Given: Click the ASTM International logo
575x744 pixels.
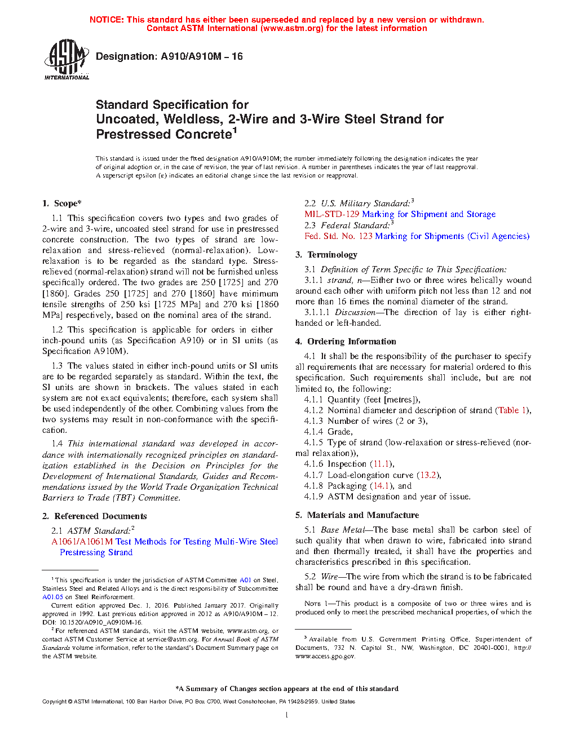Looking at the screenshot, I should click(x=67, y=59).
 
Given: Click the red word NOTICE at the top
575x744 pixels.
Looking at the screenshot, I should click(x=107, y=20).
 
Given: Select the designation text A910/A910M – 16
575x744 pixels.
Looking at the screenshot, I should click(x=202, y=56).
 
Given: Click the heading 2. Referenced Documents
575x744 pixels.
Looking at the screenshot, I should click(x=95, y=516).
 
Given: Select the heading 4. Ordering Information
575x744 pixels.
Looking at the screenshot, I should click(x=346, y=342).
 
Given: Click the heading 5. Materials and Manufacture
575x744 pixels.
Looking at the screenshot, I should click(x=357, y=515).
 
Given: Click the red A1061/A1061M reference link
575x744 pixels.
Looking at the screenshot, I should click(x=82, y=542).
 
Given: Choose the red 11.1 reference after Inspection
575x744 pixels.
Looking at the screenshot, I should click(x=381, y=464).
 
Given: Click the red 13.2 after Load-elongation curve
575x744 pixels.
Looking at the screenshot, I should click(x=428, y=475).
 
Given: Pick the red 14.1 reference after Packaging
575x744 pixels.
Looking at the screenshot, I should click(x=381, y=486).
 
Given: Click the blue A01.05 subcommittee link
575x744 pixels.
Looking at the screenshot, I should click(x=52, y=597).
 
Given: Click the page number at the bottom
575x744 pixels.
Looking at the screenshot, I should click(x=287, y=715).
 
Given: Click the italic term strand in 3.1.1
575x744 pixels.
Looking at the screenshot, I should click(x=339, y=280).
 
